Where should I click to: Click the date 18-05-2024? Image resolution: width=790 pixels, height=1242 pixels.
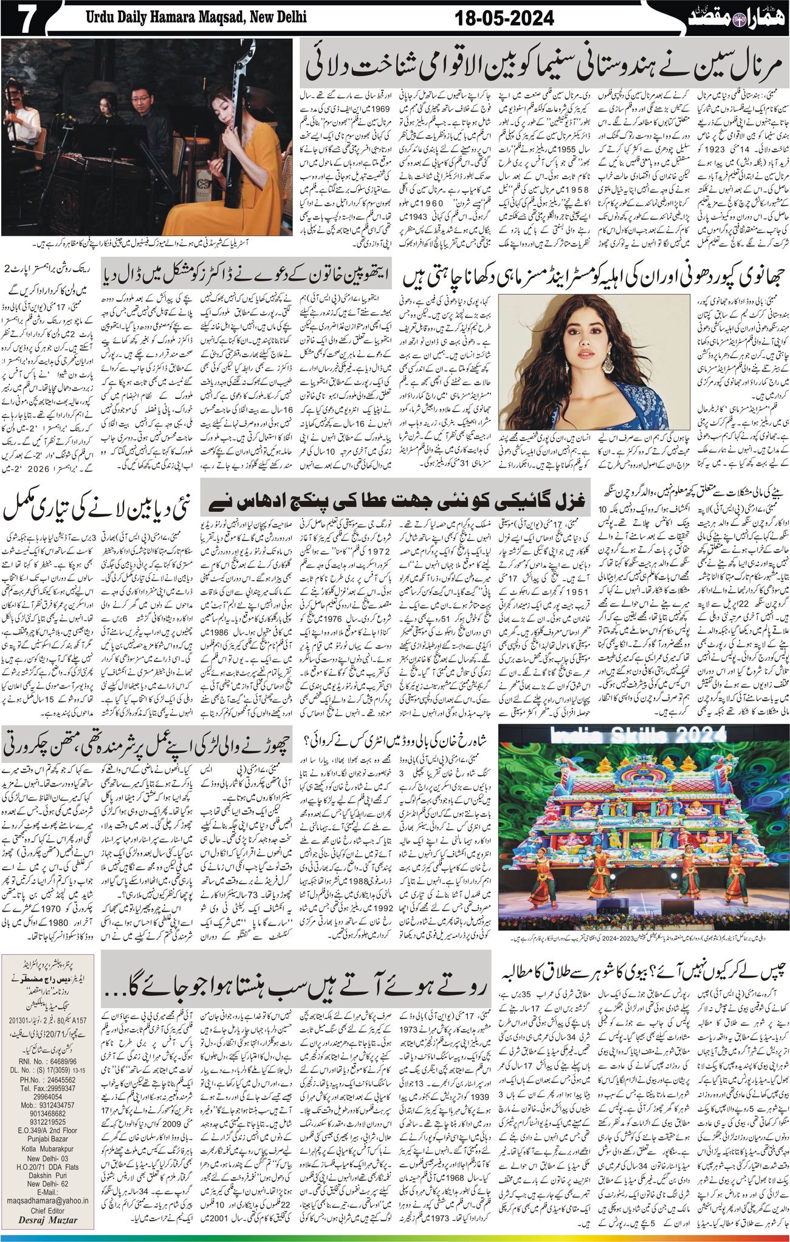(x=504, y=19)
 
